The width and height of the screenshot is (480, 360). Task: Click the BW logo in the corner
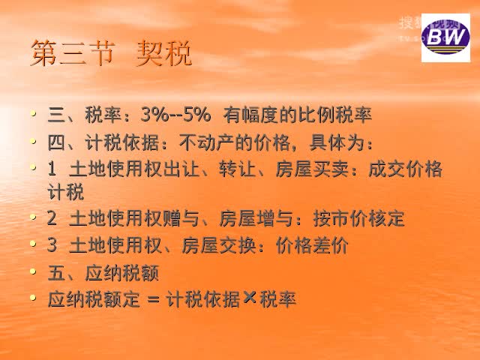click(445, 37)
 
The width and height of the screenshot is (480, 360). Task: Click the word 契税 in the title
click(164, 55)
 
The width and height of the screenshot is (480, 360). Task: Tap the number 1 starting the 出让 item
click(51, 169)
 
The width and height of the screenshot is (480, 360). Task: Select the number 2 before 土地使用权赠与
click(51, 219)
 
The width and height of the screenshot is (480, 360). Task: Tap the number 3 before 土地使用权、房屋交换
click(51, 245)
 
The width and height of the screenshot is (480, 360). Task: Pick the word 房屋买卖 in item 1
click(318, 169)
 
